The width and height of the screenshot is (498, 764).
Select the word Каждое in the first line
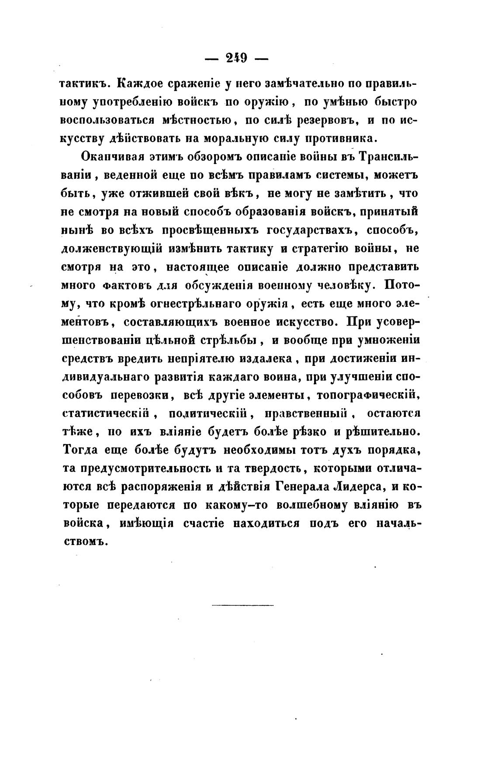click(140, 83)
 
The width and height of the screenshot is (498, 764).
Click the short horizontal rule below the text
click(242, 605)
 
